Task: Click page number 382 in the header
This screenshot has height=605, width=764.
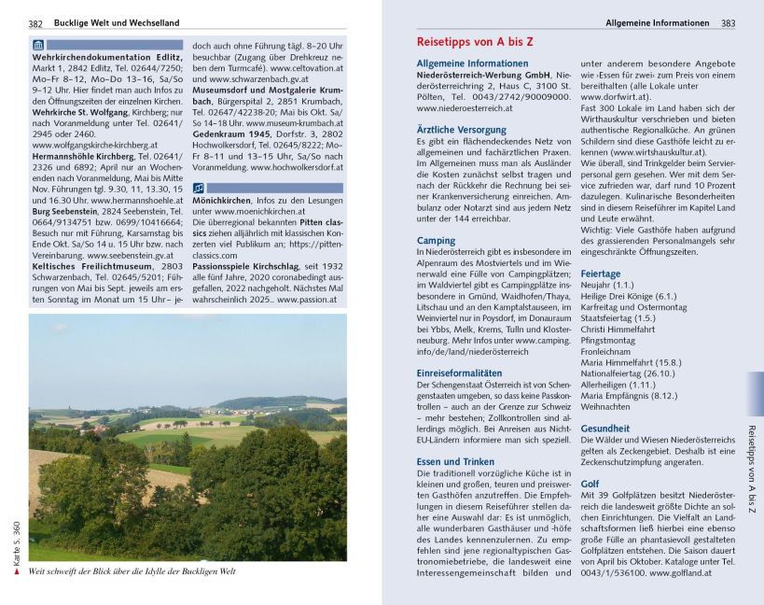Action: point(35,22)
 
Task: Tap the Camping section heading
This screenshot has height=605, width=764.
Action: point(435,241)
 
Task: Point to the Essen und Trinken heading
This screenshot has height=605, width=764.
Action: point(455,461)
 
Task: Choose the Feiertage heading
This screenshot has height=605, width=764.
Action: point(600,274)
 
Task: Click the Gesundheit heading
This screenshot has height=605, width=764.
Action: point(604,429)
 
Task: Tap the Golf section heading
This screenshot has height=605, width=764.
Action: point(590,485)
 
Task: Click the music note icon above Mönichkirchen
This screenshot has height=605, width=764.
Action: point(198,188)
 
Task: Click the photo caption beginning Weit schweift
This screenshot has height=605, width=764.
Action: point(132,571)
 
